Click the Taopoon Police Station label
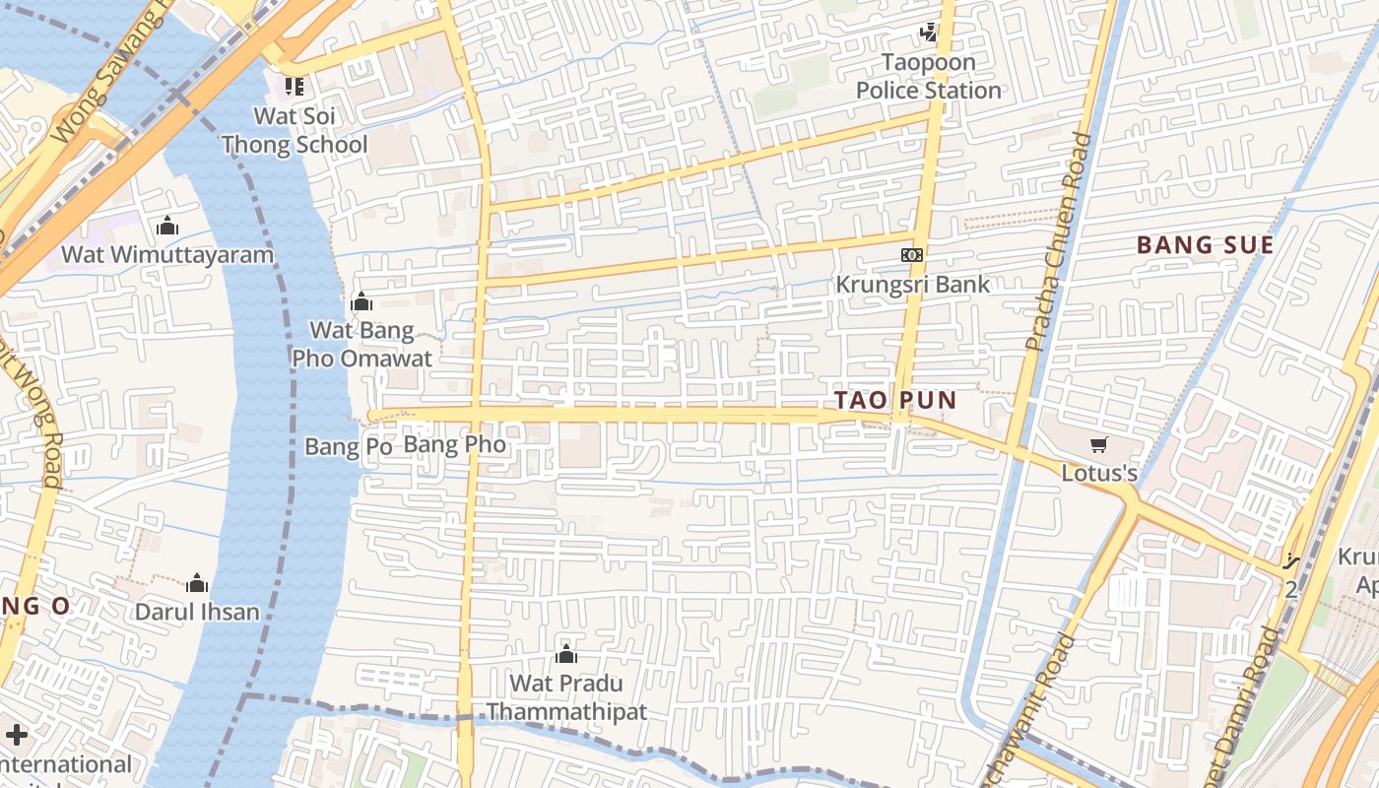(928, 76)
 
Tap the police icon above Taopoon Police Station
(928, 33)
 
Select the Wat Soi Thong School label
(295, 130)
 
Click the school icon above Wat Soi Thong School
(294, 87)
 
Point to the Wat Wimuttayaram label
(167, 255)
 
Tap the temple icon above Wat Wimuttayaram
(167, 227)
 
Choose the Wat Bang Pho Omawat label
(361, 344)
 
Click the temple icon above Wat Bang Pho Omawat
(361, 301)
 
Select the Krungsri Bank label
(912, 285)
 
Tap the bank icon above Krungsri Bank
(912, 255)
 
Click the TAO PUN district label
(895, 400)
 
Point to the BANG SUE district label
(1206, 245)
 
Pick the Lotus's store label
(1099, 474)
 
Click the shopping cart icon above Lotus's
(1099, 445)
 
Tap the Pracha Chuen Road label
(1056, 241)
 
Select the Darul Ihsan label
(197, 612)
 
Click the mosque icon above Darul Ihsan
(197, 583)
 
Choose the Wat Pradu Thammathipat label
(566, 697)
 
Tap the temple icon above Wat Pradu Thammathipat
(566, 654)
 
